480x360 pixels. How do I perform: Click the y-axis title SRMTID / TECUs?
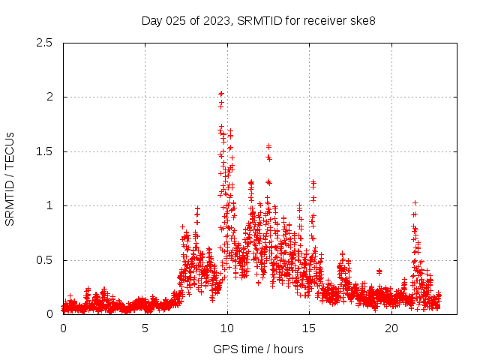coord(10,178)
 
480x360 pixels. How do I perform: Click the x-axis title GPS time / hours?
coord(258,349)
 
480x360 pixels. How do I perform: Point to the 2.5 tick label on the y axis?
coord(44,43)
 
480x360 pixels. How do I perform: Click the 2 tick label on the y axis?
coord(49,97)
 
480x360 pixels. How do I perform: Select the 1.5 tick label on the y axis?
coord(44,151)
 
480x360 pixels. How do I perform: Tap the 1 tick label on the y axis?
coord(49,205)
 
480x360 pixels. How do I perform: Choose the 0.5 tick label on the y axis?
coord(44,260)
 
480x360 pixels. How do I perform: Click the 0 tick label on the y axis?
coord(49,314)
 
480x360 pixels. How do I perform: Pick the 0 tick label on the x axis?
coord(63,328)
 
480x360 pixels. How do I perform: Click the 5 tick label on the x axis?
coord(145,328)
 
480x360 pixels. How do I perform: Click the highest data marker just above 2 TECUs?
coord(221,94)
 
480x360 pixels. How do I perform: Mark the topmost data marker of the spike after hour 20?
coord(415,202)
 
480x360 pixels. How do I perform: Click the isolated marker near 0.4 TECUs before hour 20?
coord(379,271)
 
